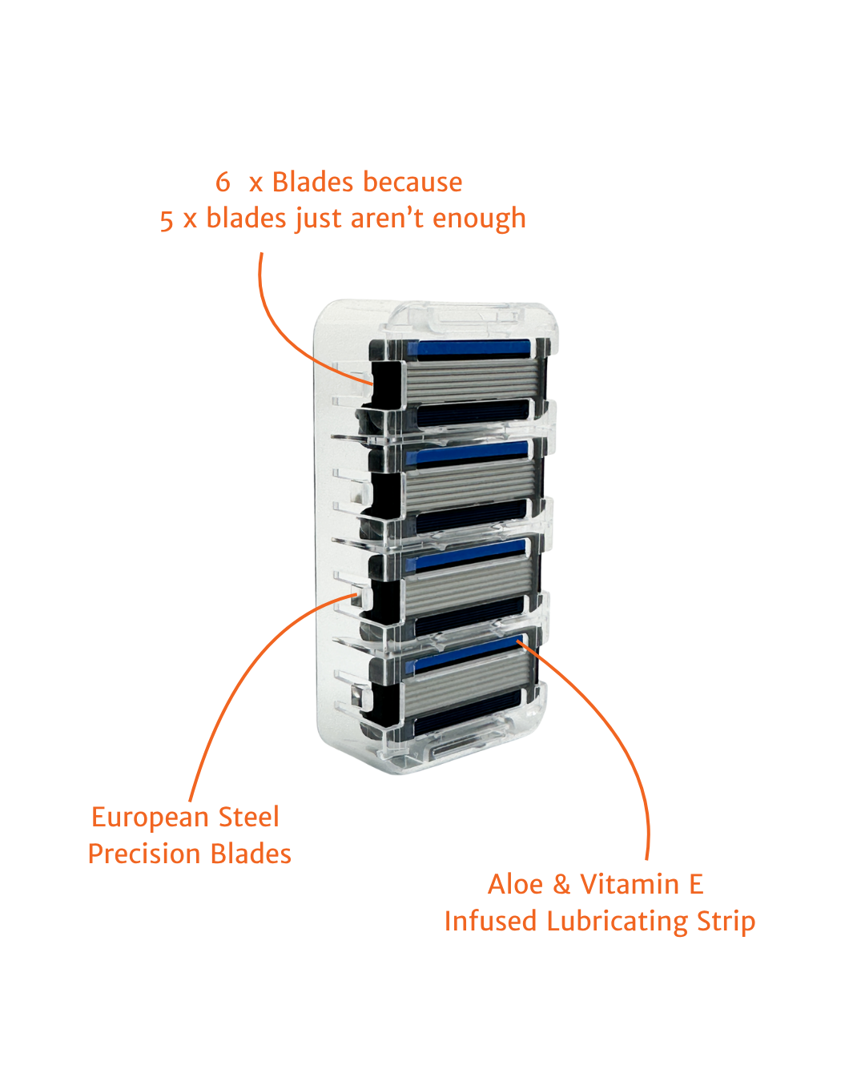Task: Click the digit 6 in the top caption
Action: point(223,182)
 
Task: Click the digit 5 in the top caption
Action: point(167,219)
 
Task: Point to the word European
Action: point(150,818)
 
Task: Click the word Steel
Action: point(248,817)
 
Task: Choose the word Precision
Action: point(146,854)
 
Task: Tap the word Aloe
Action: point(516,884)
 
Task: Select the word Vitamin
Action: point(630,884)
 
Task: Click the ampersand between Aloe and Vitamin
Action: point(561,884)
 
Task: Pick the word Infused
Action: point(490,921)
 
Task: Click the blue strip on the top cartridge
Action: point(469,348)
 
